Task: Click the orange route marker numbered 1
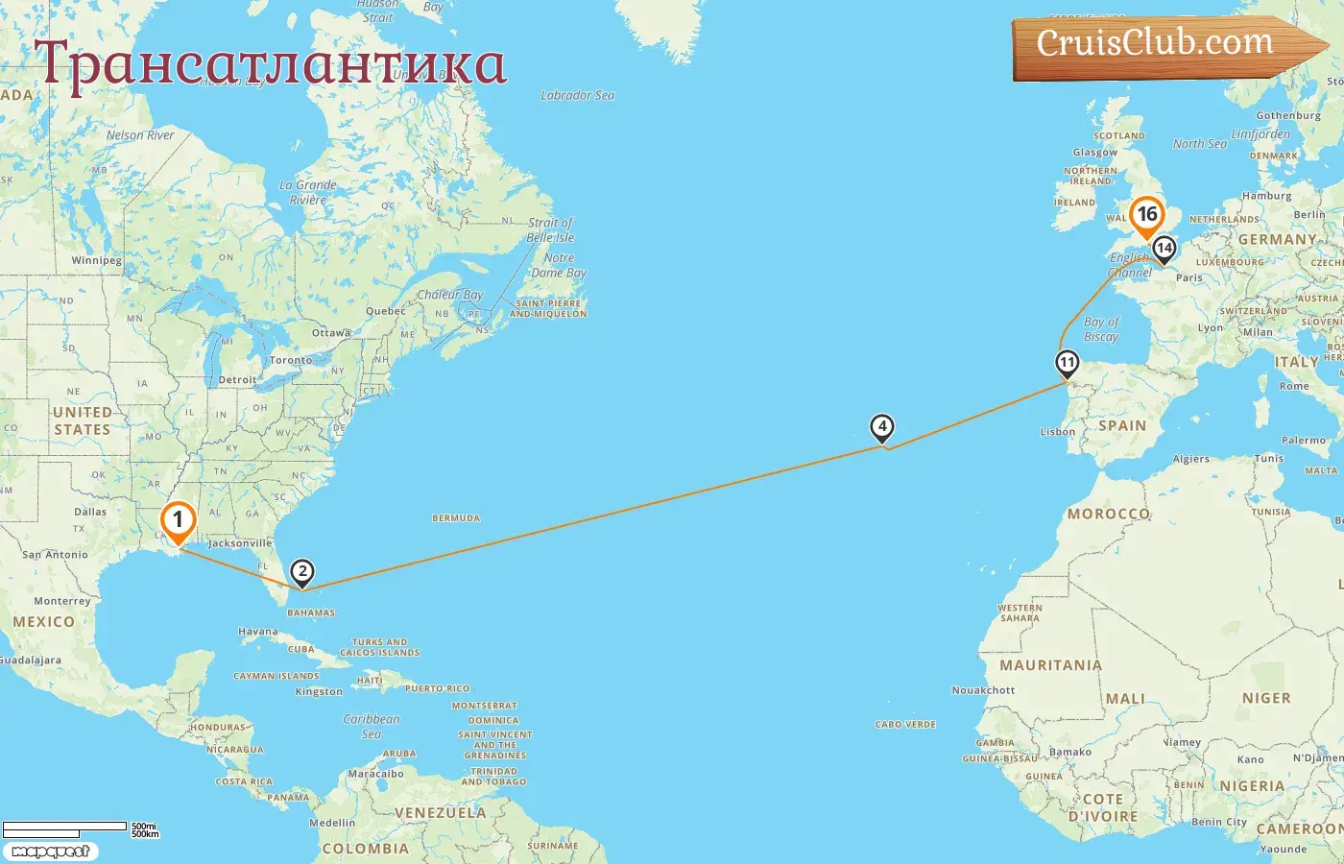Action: [x=178, y=521]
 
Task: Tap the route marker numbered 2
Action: [x=302, y=573]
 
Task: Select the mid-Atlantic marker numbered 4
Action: [x=881, y=427]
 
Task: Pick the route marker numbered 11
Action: [x=1067, y=363]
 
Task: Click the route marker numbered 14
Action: [x=1164, y=249]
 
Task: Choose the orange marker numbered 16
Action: [x=1147, y=215]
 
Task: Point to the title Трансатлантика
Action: [x=270, y=63]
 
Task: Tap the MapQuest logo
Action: [x=50, y=852]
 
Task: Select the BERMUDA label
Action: [x=456, y=518]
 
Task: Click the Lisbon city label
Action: [x=1058, y=432]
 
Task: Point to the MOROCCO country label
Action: [x=1109, y=514]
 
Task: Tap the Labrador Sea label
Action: [x=577, y=95]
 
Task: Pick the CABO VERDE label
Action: [x=905, y=725]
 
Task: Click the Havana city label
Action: [x=257, y=632]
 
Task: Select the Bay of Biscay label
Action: [x=1101, y=329]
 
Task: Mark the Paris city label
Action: [x=1189, y=277]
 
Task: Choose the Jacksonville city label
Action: [x=240, y=543]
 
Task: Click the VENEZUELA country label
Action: [x=441, y=812]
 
